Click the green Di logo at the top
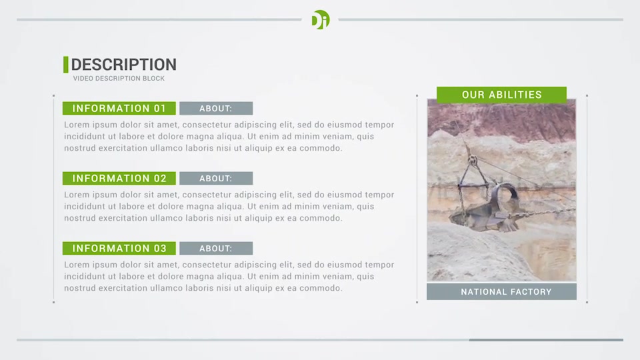point(321,19)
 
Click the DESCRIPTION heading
point(124,65)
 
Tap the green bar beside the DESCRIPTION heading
point(66,65)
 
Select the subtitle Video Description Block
point(119,79)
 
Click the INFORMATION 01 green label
point(119,108)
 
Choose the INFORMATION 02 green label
point(119,179)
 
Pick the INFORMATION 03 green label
point(119,248)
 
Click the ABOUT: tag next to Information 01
point(216,108)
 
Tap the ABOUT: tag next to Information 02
point(216,179)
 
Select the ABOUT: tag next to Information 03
point(216,248)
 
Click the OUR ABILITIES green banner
point(501,95)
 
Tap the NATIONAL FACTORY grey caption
point(501,292)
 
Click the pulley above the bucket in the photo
point(473,159)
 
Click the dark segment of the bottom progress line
point(546,339)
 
